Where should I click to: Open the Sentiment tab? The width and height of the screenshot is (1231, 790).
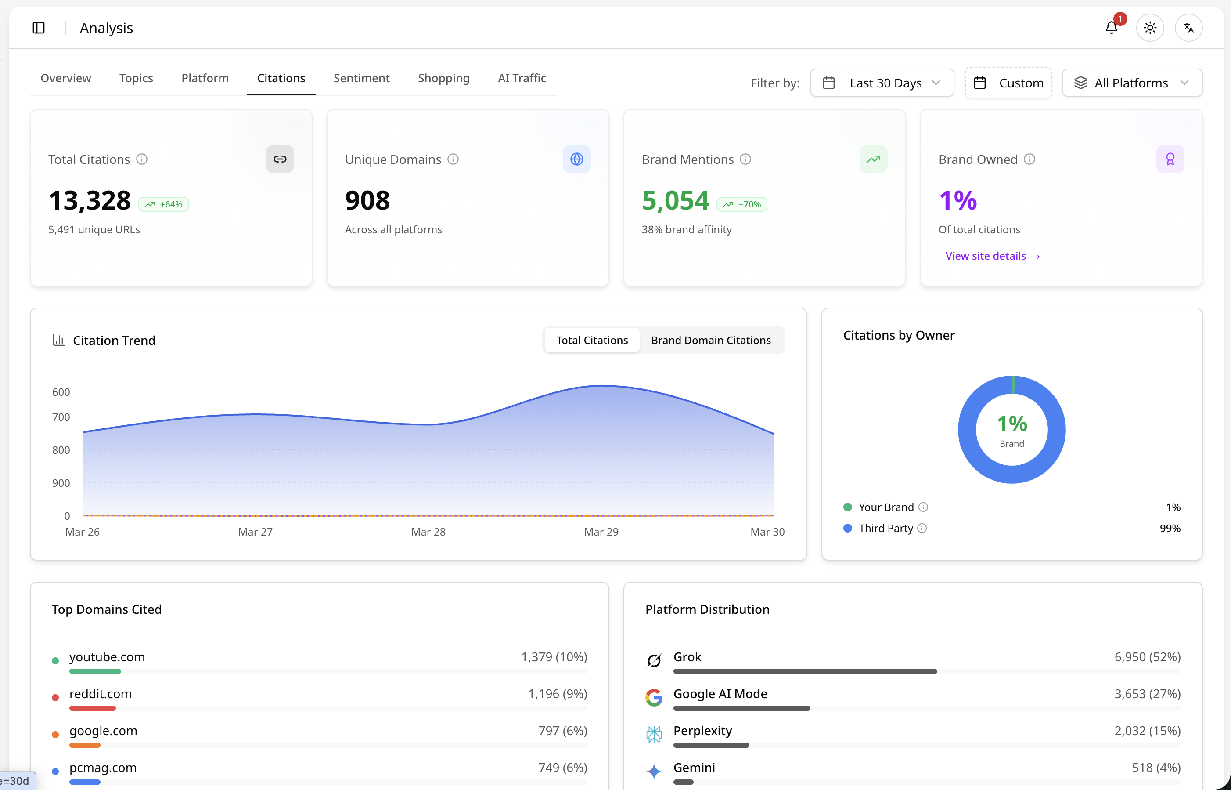[361, 78]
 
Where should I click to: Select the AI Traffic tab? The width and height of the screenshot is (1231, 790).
[522, 78]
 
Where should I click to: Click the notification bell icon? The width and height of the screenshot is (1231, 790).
[1111, 28]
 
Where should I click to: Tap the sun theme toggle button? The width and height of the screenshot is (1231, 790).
[1150, 28]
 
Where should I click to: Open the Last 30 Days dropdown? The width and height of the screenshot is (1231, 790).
[882, 83]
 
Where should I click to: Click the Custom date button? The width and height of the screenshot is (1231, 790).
[1008, 83]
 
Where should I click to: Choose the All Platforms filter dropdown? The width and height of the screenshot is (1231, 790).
[1132, 83]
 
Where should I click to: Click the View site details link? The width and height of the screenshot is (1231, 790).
[993, 256]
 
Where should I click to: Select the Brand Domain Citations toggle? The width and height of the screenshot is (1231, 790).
[711, 340]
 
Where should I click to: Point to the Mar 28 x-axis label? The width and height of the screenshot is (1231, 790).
[428, 532]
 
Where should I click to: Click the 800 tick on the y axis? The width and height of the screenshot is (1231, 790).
[61, 450]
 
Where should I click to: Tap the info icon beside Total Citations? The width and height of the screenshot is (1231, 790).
[142, 159]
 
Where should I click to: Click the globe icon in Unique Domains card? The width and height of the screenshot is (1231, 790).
[576, 159]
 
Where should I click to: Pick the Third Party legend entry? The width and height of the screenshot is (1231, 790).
[885, 529]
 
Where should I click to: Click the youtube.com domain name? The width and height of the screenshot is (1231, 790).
[107, 657]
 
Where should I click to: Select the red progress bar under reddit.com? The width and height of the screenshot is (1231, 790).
[93, 708]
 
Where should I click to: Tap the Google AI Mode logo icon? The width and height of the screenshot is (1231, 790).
[654, 698]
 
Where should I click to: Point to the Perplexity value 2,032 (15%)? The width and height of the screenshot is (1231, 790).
[1148, 731]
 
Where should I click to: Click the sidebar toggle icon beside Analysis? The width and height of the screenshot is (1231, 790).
[39, 28]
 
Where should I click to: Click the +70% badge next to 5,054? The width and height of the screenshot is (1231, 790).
[741, 204]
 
